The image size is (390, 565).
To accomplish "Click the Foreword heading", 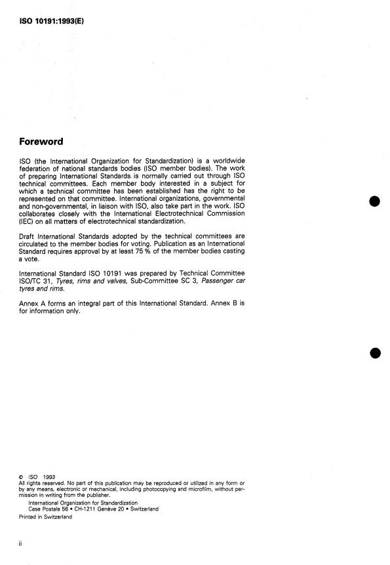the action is [49, 140].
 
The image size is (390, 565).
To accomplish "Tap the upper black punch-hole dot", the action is [375, 201].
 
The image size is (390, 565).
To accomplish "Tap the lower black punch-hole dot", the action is [375, 353].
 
